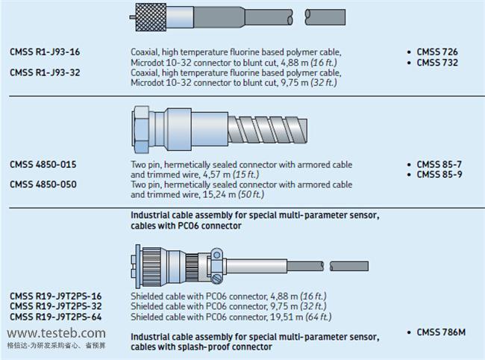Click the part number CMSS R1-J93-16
pos(44,52)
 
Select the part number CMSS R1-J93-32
pos(44,72)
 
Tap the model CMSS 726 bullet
pos(436,52)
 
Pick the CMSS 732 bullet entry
pos(436,62)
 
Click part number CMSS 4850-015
pos(43,164)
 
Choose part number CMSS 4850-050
pos(43,184)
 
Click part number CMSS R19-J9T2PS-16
pos(56,296)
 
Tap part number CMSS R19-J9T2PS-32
pos(56,305)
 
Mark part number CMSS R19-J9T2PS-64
pos(56,316)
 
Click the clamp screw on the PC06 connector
pos(217,279)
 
